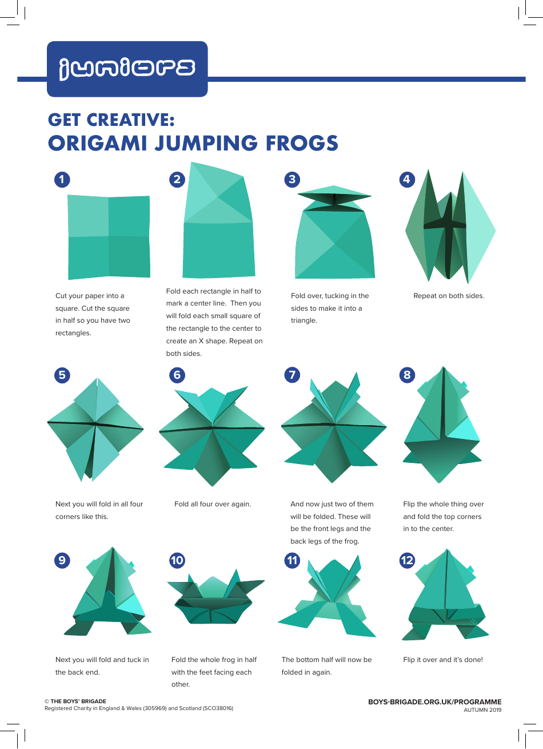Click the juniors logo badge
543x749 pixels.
(x=127, y=69)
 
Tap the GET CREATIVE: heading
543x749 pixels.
(x=111, y=120)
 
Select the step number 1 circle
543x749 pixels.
(x=62, y=179)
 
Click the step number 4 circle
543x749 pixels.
(x=406, y=179)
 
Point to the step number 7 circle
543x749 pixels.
(x=292, y=375)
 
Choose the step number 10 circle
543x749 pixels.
(x=177, y=560)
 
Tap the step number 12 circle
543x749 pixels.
(x=407, y=560)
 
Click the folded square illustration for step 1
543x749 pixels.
(x=109, y=236)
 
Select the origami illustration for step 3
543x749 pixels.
(x=334, y=233)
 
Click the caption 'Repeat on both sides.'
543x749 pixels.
(x=449, y=296)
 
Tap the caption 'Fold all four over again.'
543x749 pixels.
(x=213, y=504)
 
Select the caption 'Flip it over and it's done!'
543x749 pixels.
(x=443, y=660)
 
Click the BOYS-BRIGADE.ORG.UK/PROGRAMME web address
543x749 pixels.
(x=434, y=702)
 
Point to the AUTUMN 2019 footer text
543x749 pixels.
(x=482, y=710)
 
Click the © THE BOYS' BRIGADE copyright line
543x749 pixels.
(x=75, y=701)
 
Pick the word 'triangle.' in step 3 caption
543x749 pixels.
(x=304, y=320)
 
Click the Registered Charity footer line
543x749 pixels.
(x=139, y=708)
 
